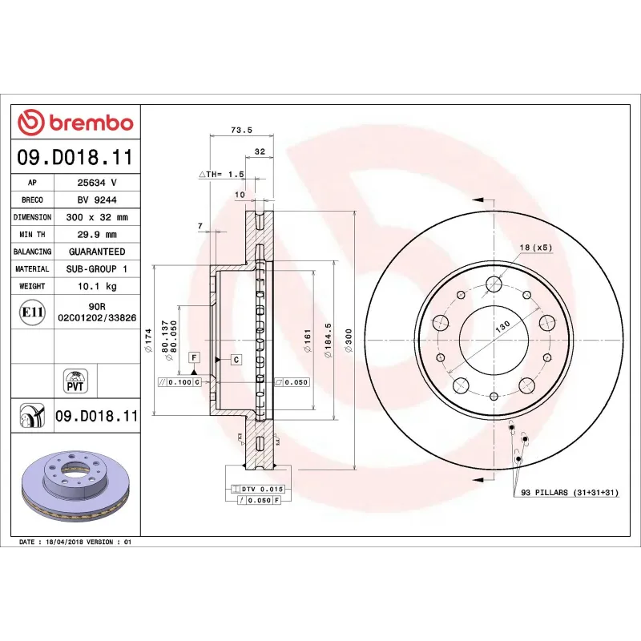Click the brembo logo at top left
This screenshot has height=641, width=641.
[75, 123]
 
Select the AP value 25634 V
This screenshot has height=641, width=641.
[97, 183]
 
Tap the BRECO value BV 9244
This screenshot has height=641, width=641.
[97, 200]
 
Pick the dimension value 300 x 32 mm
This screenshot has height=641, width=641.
[97, 217]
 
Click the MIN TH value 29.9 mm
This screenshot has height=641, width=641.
[97, 235]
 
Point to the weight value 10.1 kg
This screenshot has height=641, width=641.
[97, 286]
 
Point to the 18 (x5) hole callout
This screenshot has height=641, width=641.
[535, 247]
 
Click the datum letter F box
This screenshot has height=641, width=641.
[194, 356]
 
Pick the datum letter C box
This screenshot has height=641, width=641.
[236, 360]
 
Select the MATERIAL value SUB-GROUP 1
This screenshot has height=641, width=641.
[97, 269]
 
